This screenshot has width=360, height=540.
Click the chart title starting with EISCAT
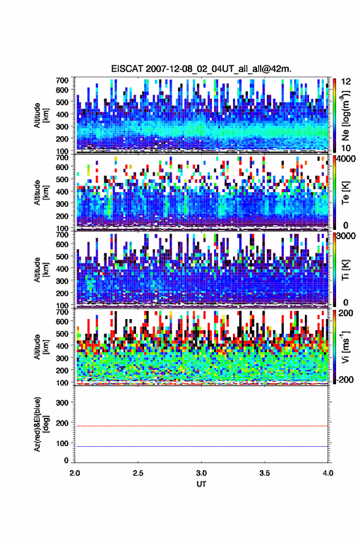pos(201,69)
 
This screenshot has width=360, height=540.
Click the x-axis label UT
pos(201,484)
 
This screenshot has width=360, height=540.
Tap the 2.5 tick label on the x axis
pos(138,473)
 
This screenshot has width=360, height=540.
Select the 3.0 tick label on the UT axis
pos(201,473)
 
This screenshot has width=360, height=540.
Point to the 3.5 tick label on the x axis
pos(265,473)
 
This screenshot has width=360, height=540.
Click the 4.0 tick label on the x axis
pos(328,473)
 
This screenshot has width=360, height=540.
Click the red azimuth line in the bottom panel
pos(201,426)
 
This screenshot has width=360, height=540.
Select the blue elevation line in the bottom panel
pos(201,446)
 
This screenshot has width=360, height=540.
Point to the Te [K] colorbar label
pos(345,193)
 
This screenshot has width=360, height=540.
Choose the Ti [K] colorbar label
pos(345,270)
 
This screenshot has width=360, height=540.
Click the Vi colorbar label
pos(345,347)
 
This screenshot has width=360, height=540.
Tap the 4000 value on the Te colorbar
pos(347,159)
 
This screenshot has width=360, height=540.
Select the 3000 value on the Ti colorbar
pos(347,236)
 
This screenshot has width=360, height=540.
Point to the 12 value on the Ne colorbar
pos(347,82)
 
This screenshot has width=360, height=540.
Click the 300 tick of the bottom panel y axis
pos(63,403)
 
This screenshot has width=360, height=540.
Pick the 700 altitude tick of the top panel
pos(63,80)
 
